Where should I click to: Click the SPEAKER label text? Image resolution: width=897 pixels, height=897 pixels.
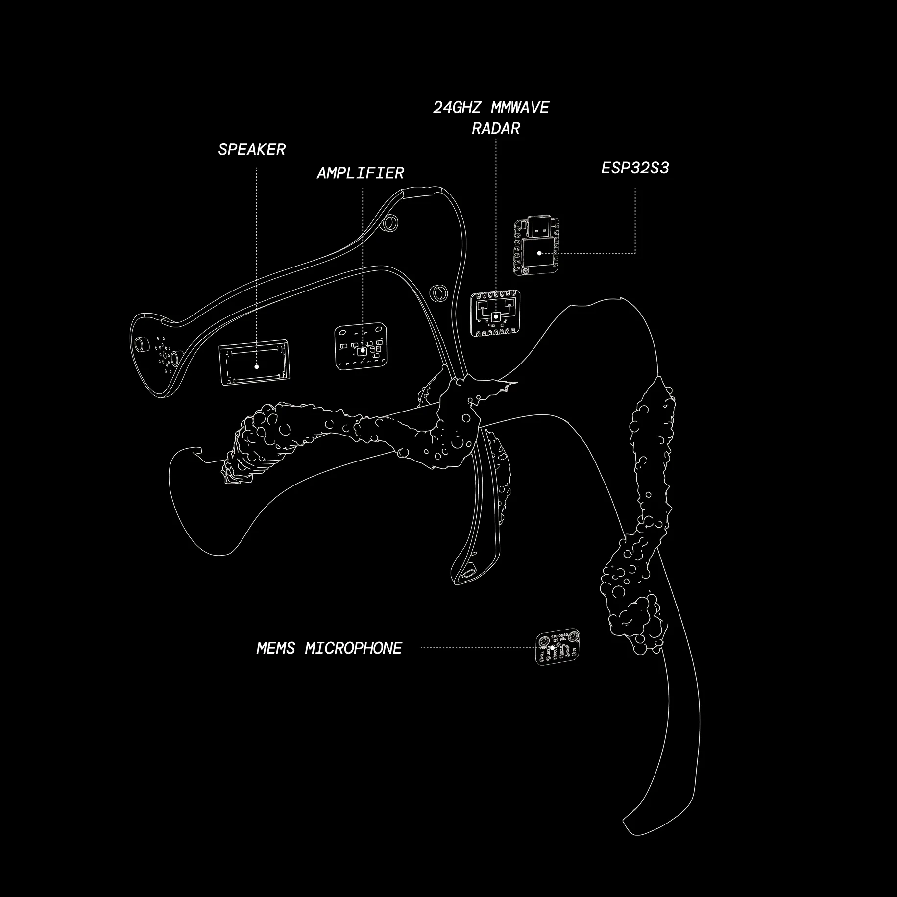click(x=252, y=149)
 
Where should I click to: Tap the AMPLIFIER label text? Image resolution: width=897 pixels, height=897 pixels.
click(x=360, y=173)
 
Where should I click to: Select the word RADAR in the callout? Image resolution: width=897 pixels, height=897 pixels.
click(x=495, y=128)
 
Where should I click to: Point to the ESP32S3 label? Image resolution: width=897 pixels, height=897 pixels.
click(x=635, y=168)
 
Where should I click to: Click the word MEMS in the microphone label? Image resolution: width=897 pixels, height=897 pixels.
click(x=276, y=648)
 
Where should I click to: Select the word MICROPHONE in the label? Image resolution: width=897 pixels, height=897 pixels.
click(x=353, y=648)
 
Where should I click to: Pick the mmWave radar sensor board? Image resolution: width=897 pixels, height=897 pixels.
click(x=495, y=314)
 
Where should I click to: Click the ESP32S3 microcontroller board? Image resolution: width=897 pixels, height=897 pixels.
click(x=537, y=247)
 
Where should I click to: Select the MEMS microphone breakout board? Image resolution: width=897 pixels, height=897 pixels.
click(x=558, y=647)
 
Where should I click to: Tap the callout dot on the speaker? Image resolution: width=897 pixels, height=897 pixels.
click(x=257, y=366)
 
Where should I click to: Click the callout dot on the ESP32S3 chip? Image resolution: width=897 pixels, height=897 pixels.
click(x=539, y=253)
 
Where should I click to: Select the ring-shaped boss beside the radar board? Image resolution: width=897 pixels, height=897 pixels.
click(x=438, y=292)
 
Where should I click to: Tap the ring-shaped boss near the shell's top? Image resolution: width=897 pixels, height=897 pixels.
click(x=390, y=223)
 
